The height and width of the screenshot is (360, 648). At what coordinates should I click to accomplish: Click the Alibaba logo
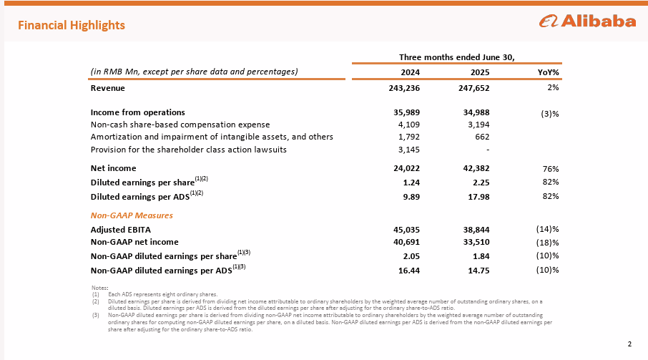(x=587, y=21)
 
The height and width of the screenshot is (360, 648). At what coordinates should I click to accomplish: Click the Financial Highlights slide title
(x=72, y=25)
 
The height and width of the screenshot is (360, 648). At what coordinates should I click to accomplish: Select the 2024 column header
(x=410, y=72)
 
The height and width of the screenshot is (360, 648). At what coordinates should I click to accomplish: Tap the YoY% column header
(x=548, y=72)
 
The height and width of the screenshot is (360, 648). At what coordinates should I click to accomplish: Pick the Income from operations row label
(x=137, y=112)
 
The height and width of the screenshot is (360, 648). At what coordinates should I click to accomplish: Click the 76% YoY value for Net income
(x=550, y=168)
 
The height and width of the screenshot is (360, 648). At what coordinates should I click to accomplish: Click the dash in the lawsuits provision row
(x=486, y=150)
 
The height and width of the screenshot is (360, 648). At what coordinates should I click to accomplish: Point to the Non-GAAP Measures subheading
(x=132, y=215)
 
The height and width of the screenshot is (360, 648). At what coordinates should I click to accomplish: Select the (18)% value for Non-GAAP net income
(x=547, y=243)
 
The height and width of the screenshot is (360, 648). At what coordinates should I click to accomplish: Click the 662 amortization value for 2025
(x=481, y=137)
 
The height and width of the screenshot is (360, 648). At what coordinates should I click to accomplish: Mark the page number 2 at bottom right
(x=629, y=344)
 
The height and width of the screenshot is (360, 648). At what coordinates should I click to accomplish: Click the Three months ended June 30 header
(x=457, y=57)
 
